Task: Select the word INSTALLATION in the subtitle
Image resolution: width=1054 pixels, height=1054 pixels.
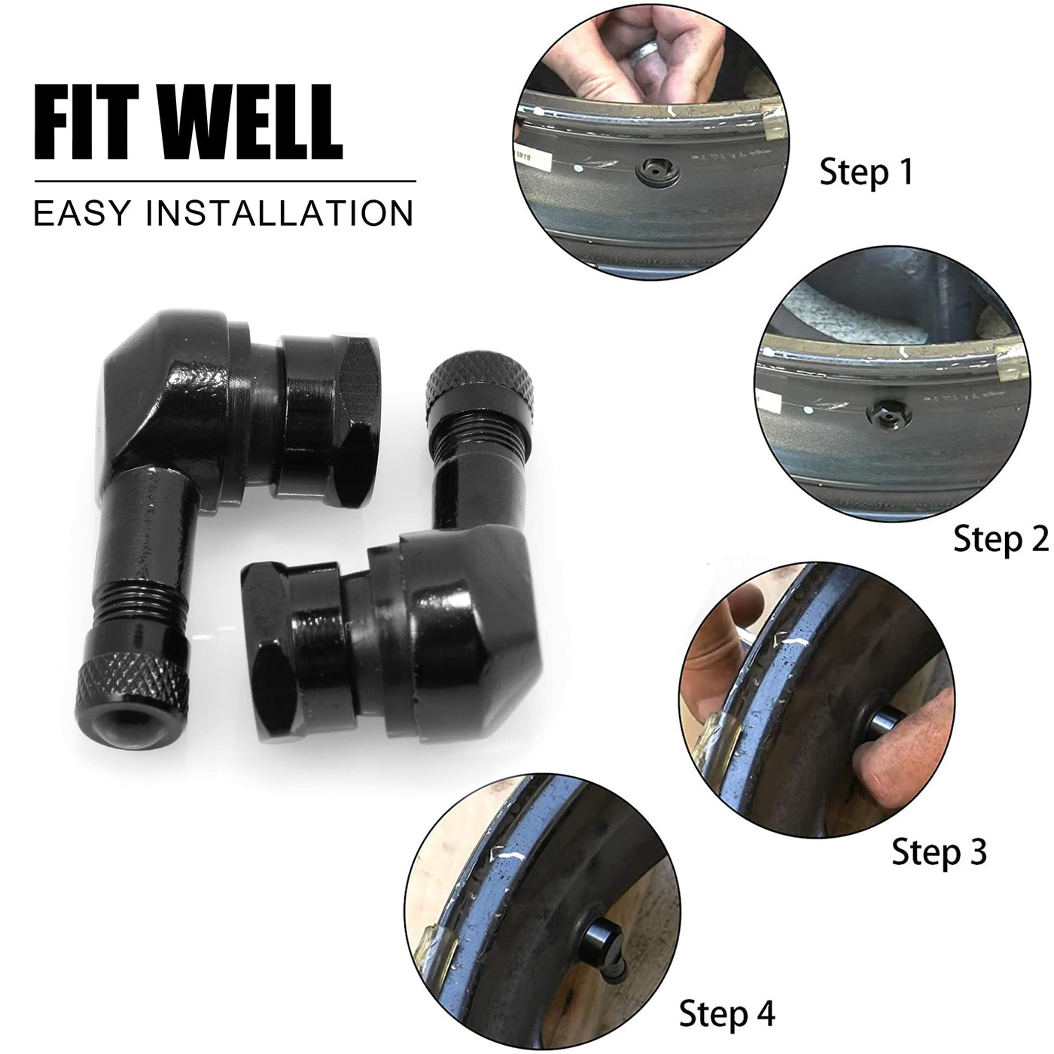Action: [x=279, y=214]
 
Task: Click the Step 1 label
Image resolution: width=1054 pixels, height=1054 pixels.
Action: [x=867, y=172]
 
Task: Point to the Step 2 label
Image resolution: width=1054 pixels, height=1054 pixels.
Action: [x=1001, y=540]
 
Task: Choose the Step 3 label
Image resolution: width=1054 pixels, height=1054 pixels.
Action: [x=939, y=851]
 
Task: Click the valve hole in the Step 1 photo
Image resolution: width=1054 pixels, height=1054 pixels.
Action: [x=658, y=173]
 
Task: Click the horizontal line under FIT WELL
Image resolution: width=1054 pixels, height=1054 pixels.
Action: [x=225, y=181]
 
